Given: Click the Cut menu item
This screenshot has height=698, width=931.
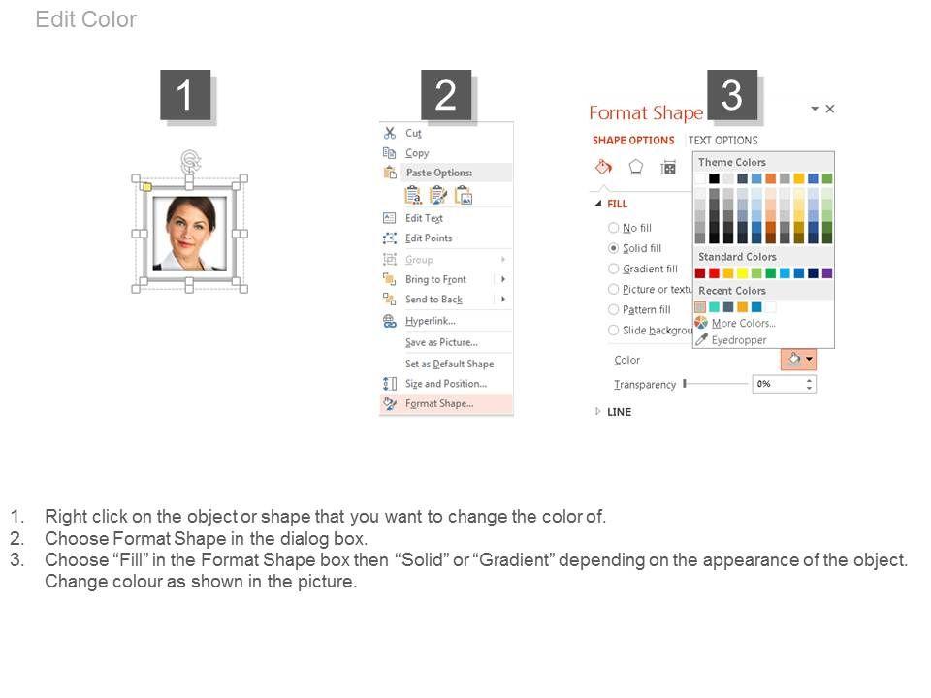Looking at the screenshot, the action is pos(413,133).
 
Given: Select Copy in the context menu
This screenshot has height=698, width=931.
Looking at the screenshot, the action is pos(417,153).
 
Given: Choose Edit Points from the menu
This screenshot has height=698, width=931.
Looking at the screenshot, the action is pos(428,238).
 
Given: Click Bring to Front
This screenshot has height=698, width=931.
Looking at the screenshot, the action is pos(435,279).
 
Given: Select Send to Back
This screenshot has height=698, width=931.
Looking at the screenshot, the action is pos(433,300).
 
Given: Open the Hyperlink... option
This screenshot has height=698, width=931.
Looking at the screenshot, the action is pos(430,321).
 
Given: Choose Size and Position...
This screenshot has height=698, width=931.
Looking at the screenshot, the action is pos(445,384).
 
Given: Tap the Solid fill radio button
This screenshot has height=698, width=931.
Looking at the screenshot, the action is pos(613,248).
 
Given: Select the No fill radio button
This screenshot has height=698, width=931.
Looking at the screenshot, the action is pos(613,228).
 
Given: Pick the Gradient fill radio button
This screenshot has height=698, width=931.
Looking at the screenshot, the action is pos(613,269).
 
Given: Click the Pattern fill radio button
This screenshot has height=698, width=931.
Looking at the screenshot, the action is pos(613,310).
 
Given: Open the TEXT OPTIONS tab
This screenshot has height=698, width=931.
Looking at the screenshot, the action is pos(722,141).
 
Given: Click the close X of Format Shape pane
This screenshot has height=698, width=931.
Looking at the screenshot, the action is pos(830,109).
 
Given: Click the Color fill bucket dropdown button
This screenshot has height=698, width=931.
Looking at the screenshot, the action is pos(798,359).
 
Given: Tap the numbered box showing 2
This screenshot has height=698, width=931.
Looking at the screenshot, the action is pos(446,95).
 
